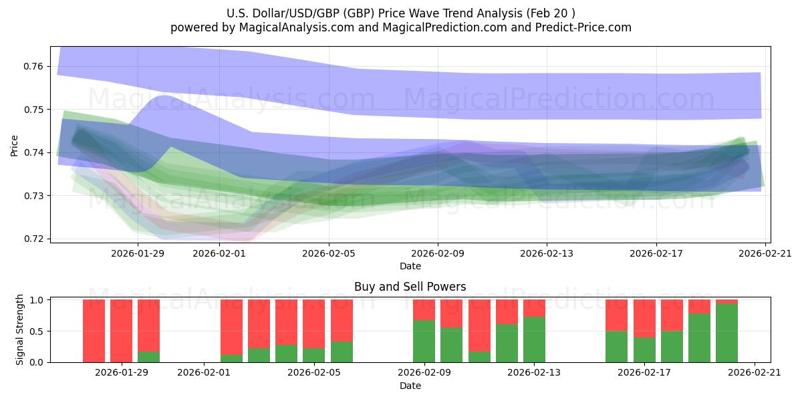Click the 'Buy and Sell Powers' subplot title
click(410, 287)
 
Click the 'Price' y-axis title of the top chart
click(15, 145)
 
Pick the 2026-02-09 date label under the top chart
click(438, 253)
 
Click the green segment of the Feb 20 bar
click(726, 333)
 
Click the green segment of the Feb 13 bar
click(534, 340)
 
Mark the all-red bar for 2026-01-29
click(121, 331)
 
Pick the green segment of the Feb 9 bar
click(424, 341)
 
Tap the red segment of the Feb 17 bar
click(644, 318)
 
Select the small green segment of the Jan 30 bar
click(148, 357)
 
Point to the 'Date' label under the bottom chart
click(410, 386)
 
